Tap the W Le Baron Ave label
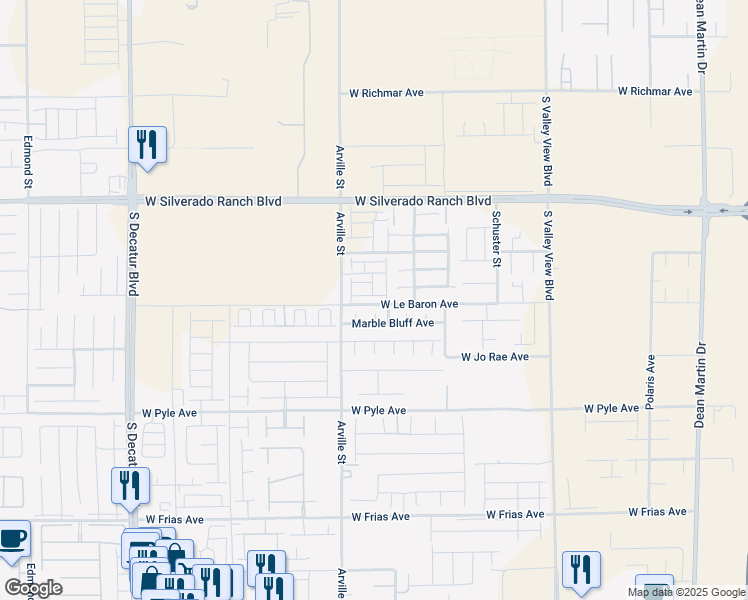(x=419, y=304)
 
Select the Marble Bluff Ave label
(x=393, y=323)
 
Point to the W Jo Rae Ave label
(x=494, y=357)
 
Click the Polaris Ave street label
(x=651, y=378)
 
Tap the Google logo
(x=34, y=588)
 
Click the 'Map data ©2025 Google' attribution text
(x=687, y=592)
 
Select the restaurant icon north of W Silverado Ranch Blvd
(x=147, y=144)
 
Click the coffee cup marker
(x=13, y=538)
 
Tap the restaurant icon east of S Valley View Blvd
(x=581, y=568)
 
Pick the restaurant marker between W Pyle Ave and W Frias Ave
(x=130, y=485)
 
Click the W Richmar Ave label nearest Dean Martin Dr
(x=655, y=92)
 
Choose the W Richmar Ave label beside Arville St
(x=386, y=93)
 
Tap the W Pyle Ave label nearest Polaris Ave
(x=612, y=409)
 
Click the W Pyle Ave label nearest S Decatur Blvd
(x=169, y=412)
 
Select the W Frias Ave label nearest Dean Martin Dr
(x=658, y=512)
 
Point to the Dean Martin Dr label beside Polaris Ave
(x=701, y=372)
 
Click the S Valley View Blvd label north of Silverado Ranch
(x=547, y=141)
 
